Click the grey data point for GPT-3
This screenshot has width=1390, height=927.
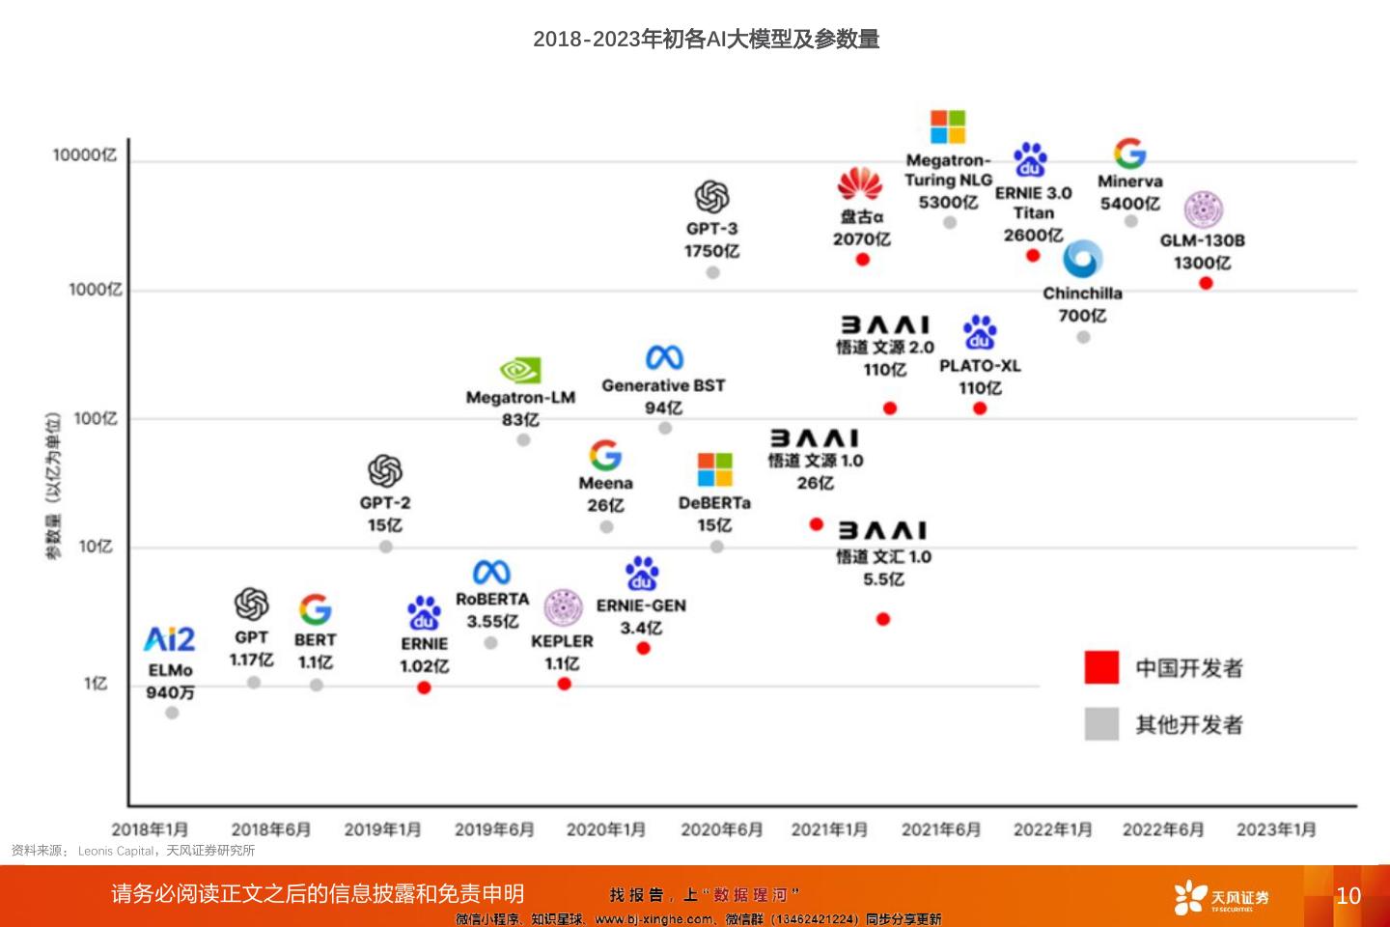click(x=712, y=272)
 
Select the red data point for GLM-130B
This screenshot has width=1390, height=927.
click(x=1206, y=283)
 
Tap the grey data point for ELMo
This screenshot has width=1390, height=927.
click(x=172, y=713)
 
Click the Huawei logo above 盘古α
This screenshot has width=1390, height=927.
click(x=860, y=184)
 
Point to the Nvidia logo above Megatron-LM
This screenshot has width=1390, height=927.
click(x=520, y=371)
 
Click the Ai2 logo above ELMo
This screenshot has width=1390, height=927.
click(x=170, y=639)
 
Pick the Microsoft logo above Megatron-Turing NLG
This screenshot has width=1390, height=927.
click(x=947, y=127)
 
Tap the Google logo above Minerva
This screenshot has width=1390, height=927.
click(x=1129, y=154)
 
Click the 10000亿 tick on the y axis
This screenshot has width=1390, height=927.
click(x=85, y=155)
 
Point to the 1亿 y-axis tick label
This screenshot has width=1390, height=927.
click(x=96, y=684)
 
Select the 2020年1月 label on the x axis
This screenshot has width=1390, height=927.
click(x=606, y=829)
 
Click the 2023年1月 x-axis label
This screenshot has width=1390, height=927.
click(x=1276, y=829)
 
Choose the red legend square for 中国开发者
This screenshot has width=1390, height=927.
click(x=1101, y=667)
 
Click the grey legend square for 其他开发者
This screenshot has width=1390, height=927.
click(x=1101, y=724)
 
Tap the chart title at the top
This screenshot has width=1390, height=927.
click(x=706, y=40)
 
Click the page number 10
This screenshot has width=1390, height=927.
click(x=1348, y=896)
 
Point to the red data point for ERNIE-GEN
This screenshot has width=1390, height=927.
click(x=644, y=648)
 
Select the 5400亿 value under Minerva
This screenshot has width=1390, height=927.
click(x=1129, y=204)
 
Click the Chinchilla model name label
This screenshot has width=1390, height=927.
click(x=1082, y=294)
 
